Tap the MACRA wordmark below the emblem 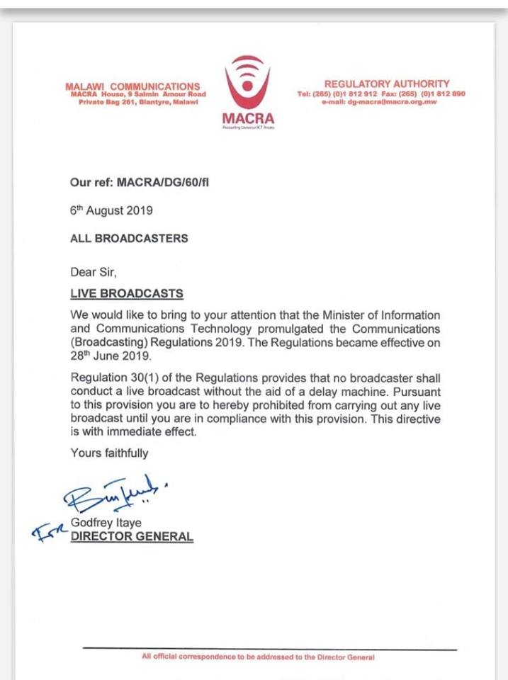click(x=247, y=118)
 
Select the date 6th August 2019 click(x=111, y=210)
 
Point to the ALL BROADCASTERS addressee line click(x=129, y=239)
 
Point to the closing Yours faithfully click(x=109, y=453)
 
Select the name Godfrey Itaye click(x=106, y=523)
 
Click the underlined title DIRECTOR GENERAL click(x=132, y=536)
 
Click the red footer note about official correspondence click(x=257, y=657)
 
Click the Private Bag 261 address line click(x=137, y=102)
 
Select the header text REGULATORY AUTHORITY click(x=386, y=84)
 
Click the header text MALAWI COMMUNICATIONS click(x=132, y=86)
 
